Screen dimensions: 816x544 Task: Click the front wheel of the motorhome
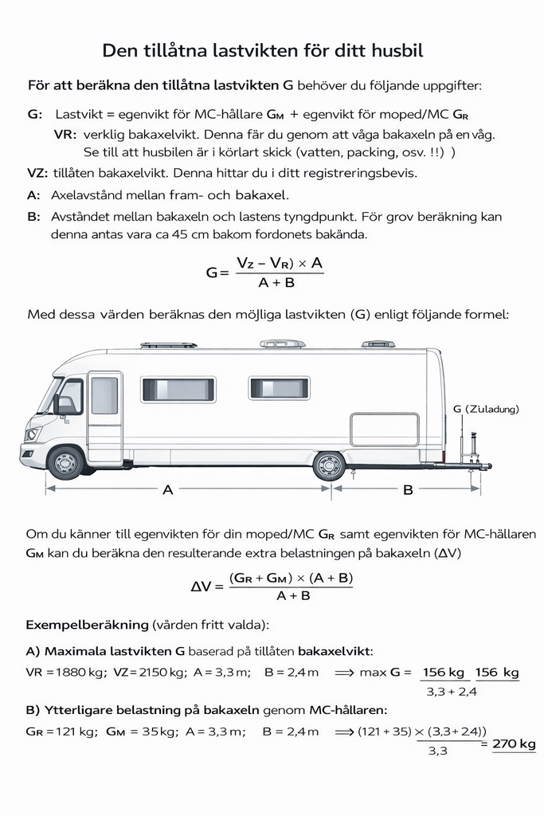[66, 462]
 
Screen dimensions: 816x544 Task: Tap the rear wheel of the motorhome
[329, 465]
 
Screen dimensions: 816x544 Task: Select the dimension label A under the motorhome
[168, 490]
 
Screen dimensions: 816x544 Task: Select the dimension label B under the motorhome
[408, 490]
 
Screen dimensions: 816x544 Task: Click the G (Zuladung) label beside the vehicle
[486, 409]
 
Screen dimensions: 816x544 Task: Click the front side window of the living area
[178, 389]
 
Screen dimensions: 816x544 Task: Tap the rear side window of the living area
[280, 388]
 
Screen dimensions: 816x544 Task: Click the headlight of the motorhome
[33, 434]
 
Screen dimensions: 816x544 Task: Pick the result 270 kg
[514, 743]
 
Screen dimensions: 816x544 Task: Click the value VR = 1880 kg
[65, 672]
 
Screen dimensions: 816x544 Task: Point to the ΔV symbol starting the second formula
[202, 586]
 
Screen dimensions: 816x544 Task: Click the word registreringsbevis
[351, 172]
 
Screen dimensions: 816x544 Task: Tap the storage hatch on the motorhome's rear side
[384, 429]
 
